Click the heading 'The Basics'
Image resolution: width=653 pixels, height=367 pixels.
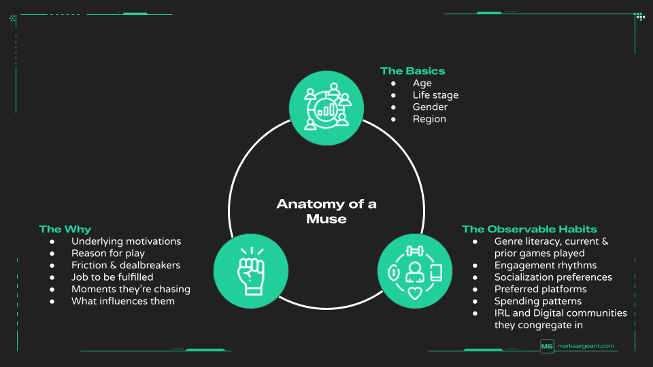click(412, 71)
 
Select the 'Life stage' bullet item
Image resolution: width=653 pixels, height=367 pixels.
click(435, 95)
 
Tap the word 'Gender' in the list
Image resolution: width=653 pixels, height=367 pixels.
click(430, 107)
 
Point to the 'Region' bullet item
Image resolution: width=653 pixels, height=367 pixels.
click(429, 119)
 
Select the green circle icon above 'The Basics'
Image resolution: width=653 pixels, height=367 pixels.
click(323, 104)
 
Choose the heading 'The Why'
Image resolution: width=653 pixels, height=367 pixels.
click(65, 229)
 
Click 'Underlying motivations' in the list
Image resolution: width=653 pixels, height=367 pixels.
click(126, 241)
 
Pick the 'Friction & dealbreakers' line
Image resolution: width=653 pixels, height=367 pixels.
click(126, 265)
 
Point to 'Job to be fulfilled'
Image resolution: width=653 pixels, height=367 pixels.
click(112, 277)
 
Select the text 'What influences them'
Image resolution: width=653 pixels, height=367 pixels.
click(123, 301)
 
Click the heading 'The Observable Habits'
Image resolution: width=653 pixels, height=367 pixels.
click(529, 229)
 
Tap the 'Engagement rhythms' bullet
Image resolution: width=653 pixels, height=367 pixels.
click(546, 265)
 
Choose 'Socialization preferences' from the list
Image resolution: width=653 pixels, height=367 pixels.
click(553, 277)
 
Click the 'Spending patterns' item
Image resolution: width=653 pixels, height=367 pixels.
click(538, 301)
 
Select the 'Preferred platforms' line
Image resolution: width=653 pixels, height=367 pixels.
click(540, 289)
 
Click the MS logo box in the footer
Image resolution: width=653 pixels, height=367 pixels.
click(547, 346)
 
